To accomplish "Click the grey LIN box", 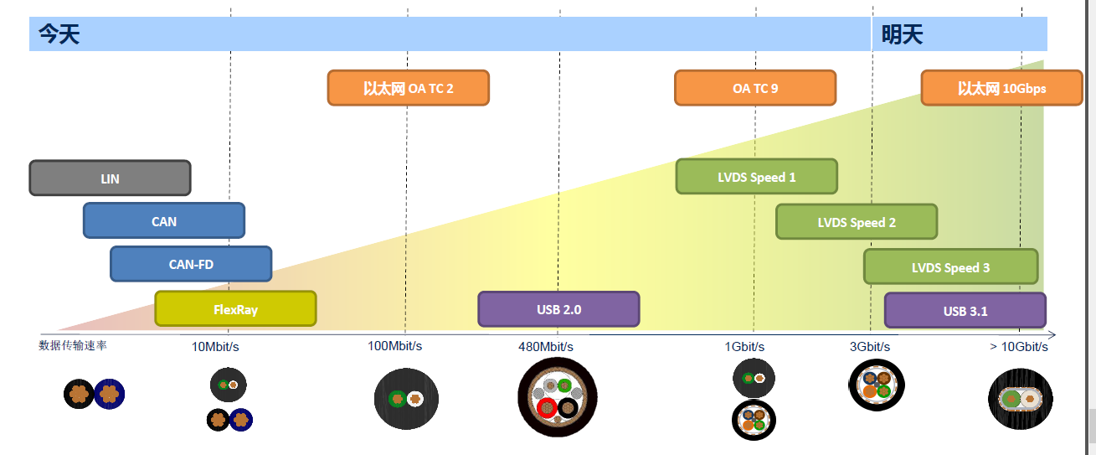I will tap(110, 178).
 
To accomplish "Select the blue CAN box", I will tap(164, 221).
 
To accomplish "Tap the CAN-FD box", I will tap(191, 264).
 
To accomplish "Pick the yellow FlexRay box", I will tap(235, 309).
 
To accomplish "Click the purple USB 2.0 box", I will tap(558, 309).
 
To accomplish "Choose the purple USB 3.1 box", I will tap(965, 311).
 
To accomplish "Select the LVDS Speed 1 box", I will tap(756, 177).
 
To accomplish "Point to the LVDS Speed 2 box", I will tap(857, 222).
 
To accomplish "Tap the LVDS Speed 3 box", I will tap(950, 267).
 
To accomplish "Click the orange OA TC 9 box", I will tap(755, 88).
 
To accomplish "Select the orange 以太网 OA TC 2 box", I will tap(408, 88).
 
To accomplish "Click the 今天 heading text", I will tap(59, 34).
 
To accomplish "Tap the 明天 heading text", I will tap(902, 34).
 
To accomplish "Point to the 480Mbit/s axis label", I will tap(546, 346).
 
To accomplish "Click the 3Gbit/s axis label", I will tap(870, 346).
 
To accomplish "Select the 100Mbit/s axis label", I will tap(395, 345).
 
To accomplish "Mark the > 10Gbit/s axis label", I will tap(1018, 346).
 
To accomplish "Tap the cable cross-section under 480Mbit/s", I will tap(558, 397).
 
